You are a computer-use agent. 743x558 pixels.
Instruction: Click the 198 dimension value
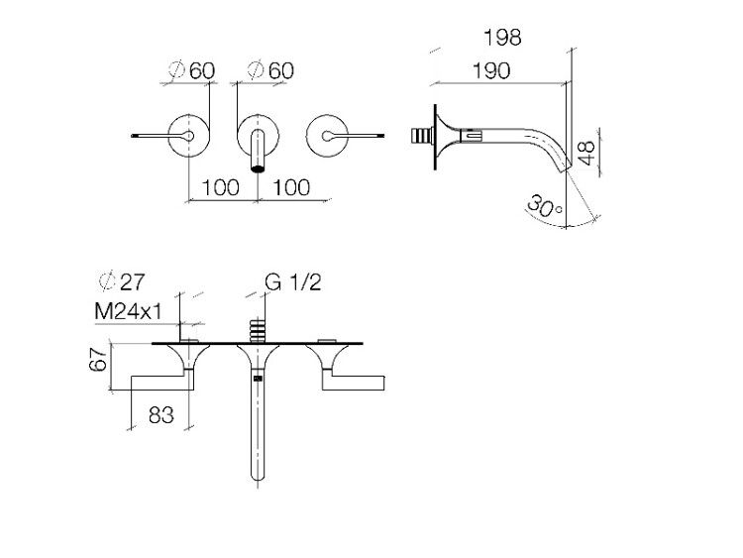(x=502, y=38)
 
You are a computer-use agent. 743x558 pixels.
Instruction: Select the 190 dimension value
(x=491, y=71)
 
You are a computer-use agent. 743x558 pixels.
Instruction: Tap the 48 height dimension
(x=586, y=153)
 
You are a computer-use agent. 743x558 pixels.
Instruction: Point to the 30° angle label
(x=544, y=206)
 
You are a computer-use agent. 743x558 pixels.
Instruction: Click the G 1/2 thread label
(x=293, y=282)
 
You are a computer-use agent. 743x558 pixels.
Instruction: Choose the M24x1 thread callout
(x=129, y=311)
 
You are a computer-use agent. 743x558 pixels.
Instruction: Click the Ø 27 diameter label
(x=121, y=282)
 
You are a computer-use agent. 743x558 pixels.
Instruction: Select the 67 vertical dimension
(x=98, y=360)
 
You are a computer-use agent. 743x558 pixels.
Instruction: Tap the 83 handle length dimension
(x=161, y=415)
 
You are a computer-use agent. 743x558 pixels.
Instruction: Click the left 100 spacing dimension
(x=220, y=187)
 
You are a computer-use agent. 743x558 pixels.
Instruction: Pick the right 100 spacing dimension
(x=291, y=187)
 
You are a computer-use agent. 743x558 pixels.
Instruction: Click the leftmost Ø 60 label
(x=191, y=71)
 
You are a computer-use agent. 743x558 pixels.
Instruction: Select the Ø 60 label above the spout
(x=270, y=71)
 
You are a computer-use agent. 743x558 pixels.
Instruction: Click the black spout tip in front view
(x=258, y=167)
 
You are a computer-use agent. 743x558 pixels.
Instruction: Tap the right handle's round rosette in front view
(x=327, y=136)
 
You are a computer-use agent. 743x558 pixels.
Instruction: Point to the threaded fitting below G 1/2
(x=258, y=330)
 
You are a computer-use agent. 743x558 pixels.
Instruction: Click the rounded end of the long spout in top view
(x=258, y=474)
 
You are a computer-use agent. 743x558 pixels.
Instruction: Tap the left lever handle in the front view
(x=162, y=383)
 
